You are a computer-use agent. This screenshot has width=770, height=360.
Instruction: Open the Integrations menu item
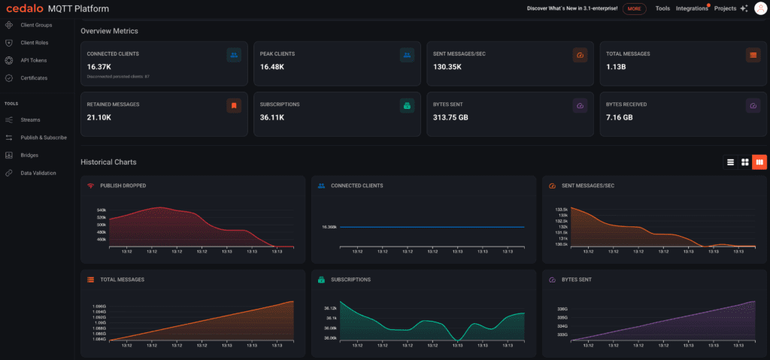click(691, 9)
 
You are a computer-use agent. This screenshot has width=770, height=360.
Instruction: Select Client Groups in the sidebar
click(35, 26)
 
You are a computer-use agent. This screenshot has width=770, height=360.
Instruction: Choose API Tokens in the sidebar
click(35, 60)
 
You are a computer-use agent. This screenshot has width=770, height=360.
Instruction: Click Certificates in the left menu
click(34, 77)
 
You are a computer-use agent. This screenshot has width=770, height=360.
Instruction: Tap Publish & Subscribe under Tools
click(44, 138)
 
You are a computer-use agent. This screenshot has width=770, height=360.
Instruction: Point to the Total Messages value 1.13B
click(618, 66)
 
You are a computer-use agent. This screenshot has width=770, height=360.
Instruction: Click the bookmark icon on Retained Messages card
click(234, 106)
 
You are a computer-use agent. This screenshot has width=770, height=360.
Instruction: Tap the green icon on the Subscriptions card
click(407, 106)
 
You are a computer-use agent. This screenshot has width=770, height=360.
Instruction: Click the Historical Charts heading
click(108, 162)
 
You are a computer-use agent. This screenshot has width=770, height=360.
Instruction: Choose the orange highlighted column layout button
click(759, 162)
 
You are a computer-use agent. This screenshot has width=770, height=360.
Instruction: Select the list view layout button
click(729, 162)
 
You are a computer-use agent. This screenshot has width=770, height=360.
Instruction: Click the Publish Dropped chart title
click(123, 186)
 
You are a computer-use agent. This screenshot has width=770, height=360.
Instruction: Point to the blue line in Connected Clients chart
click(432, 227)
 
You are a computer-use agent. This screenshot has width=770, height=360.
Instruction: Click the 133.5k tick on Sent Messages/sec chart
click(560, 210)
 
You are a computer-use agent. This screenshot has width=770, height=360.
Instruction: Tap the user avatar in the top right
click(759, 8)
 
